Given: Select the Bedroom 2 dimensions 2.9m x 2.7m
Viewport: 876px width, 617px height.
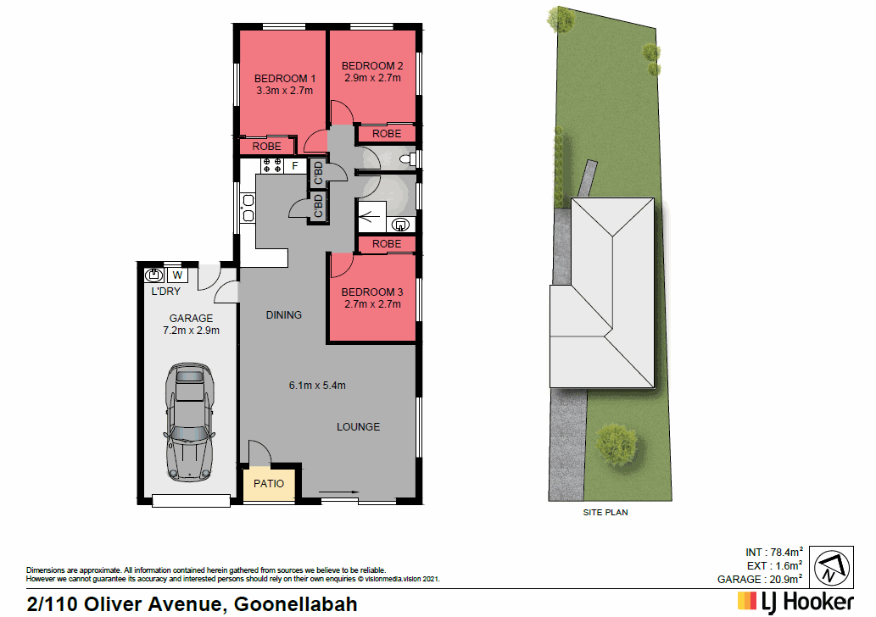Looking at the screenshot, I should point(372,78).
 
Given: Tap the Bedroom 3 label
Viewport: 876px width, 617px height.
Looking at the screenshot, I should point(372,292).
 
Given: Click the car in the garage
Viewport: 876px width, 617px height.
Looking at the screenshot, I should point(190,421).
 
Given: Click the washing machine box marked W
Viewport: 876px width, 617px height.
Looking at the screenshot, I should point(177,275).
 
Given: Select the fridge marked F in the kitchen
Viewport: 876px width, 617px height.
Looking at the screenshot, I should point(294,166).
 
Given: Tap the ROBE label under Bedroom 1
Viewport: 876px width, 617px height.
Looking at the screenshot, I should point(266,147).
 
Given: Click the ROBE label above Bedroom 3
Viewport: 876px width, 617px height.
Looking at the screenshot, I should point(387,244).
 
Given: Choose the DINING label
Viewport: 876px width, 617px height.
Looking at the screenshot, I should point(283,315).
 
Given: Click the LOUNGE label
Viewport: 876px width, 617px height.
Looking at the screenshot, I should point(358,426).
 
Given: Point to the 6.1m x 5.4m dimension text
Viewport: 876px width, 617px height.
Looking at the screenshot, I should point(316,386).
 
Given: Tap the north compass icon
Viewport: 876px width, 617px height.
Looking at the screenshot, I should point(833,567).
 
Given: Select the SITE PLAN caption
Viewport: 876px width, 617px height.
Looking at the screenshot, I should point(605,513).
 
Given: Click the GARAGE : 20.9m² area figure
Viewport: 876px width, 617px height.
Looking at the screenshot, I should point(760,579).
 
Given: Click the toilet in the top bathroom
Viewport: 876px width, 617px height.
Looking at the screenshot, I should point(405,158).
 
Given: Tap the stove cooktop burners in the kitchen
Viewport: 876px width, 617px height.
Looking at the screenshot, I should point(271,166).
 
